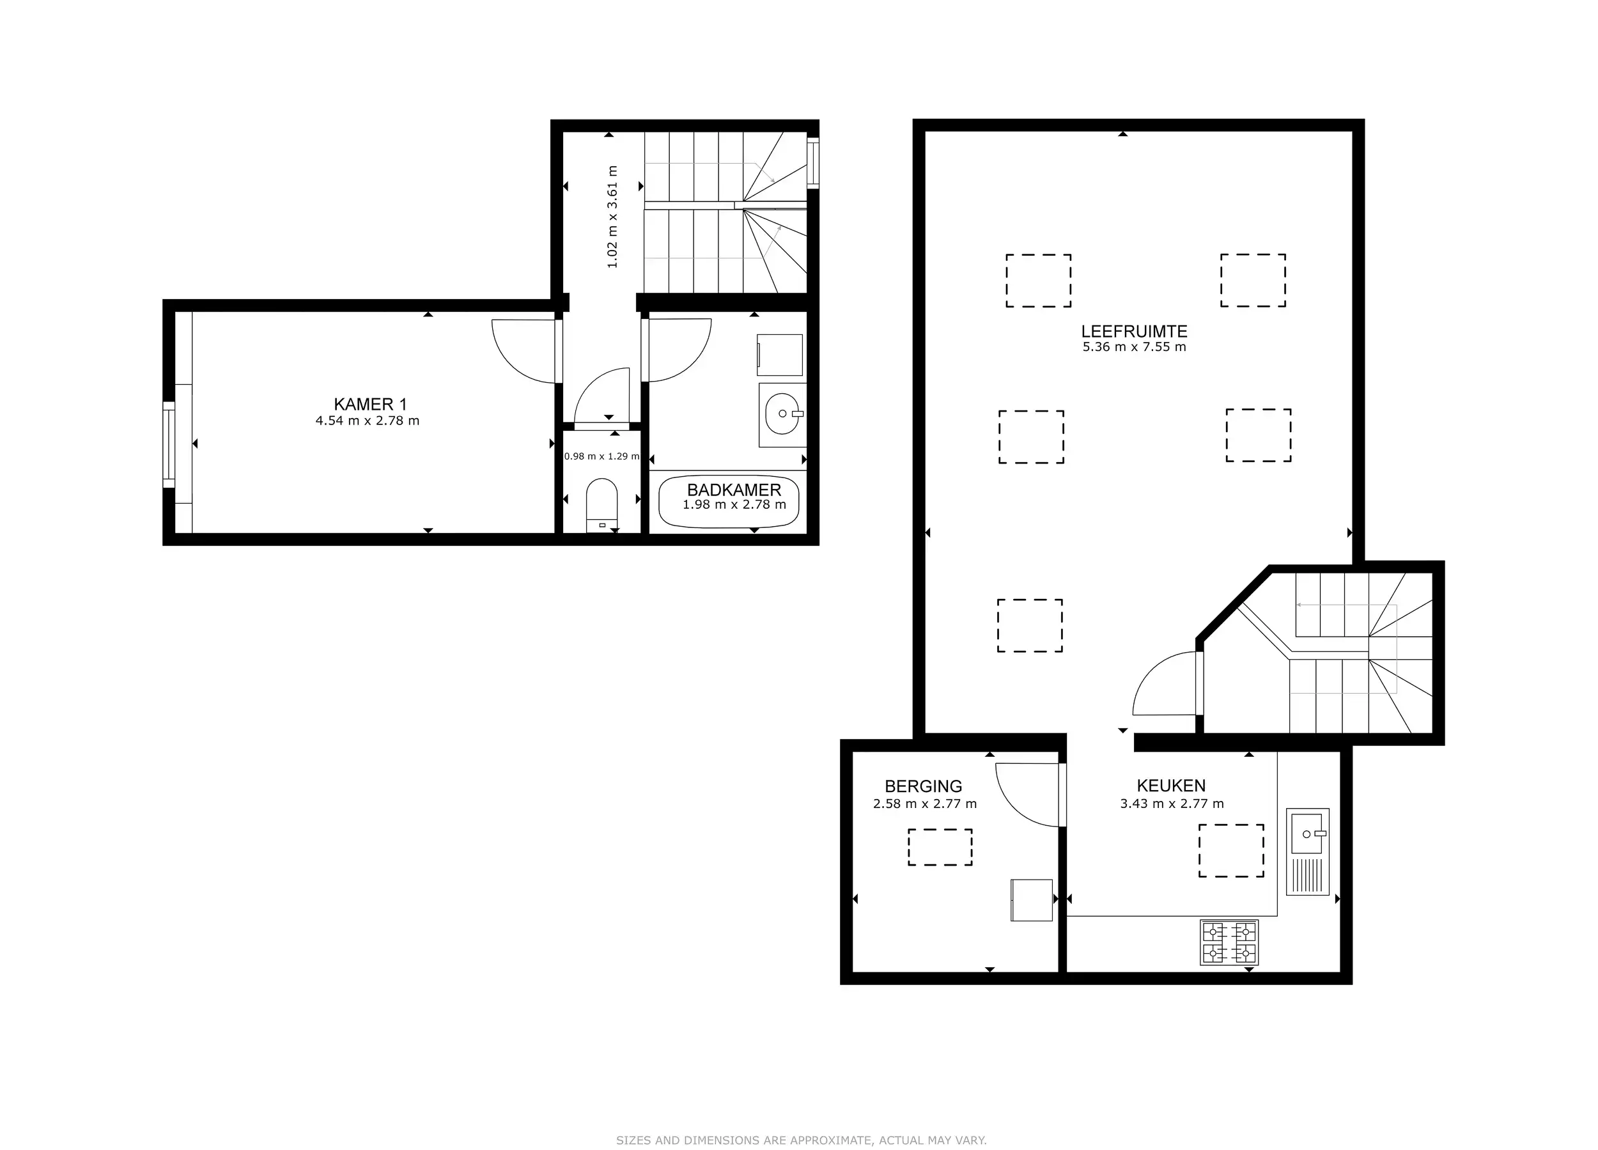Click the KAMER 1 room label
tap(370, 404)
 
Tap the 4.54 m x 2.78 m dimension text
tap(367, 421)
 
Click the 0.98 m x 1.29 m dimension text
tap(601, 456)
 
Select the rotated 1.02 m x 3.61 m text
tap(612, 217)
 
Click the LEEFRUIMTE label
tap(1134, 331)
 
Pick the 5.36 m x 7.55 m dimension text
tap(1134, 347)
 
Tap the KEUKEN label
tap(1171, 786)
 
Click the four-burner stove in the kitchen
tap(1229, 943)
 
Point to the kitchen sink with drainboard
tap(1307, 851)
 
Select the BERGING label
tap(923, 786)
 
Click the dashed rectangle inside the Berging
tap(940, 847)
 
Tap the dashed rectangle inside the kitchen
tap(1231, 851)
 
